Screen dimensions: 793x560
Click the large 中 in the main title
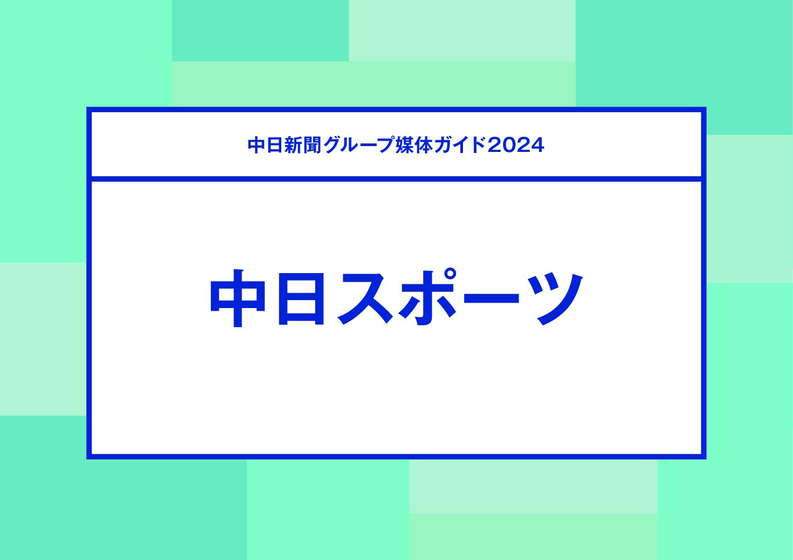pyautogui.click(x=237, y=298)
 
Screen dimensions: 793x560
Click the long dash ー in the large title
pyautogui.click(x=491, y=298)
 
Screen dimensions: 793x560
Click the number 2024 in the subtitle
pyautogui.click(x=515, y=146)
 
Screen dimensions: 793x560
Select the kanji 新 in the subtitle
pyautogui.click(x=293, y=145)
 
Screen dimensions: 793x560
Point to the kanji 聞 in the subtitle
pyautogui.click(x=312, y=145)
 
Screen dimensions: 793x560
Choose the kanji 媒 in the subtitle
pyautogui.click(x=404, y=145)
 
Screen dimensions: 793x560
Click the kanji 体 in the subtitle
pyautogui.click(x=423, y=145)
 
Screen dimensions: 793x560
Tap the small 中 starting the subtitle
pyautogui.click(x=256, y=145)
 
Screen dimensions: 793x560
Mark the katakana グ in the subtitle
pyautogui.click(x=331, y=145)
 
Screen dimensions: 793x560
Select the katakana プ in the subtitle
pyautogui.click(x=386, y=145)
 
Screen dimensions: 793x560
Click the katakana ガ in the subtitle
pyautogui.click(x=442, y=145)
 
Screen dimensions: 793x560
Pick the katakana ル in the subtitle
pyautogui.click(x=349, y=146)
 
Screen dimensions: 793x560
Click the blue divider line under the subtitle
pyautogui.click(x=396, y=179)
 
